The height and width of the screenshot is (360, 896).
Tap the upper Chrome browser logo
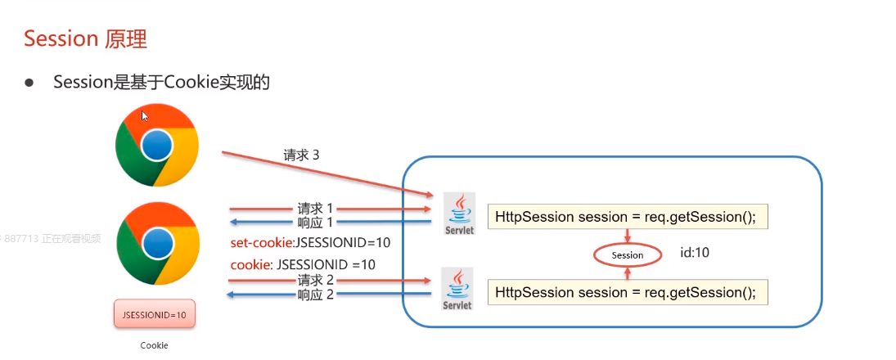[x=156, y=145]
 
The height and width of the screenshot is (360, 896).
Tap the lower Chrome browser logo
[x=156, y=243]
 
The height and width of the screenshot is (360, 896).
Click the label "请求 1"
[x=316, y=208]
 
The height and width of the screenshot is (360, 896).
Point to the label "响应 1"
[x=316, y=222]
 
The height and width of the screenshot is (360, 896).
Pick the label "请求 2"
[x=316, y=281]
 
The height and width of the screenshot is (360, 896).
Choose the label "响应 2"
[x=316, y=295]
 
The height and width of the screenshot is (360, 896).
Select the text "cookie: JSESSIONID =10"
[x=304, y=264]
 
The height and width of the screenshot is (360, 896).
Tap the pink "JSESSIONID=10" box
[x=154, y=314]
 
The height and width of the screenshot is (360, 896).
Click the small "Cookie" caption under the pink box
[x=154, y=345]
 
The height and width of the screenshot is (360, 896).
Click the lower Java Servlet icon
[x=457, y=290]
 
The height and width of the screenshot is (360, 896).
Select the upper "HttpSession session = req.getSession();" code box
[x=628, y=216]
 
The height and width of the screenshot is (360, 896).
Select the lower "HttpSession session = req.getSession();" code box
[x=628, y=292]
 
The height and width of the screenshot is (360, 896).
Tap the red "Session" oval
[x=628, y=255]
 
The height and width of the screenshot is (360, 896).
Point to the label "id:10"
[x=695, y=253]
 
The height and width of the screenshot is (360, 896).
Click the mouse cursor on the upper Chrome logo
[x=145, y=116]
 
